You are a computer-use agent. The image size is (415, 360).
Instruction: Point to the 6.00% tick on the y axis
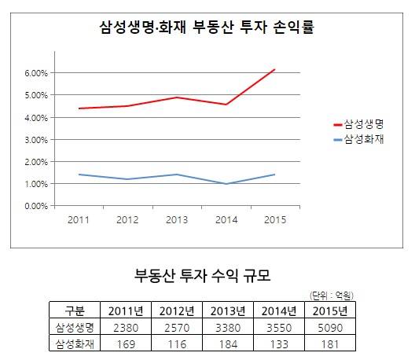(36, 73)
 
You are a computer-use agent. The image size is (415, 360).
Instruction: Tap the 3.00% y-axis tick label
(36, 140)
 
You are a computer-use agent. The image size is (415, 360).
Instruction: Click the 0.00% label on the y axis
(36, 206)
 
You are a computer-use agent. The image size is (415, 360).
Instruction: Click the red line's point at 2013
(178, 97)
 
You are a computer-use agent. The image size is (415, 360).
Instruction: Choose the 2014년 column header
(274, 309)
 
